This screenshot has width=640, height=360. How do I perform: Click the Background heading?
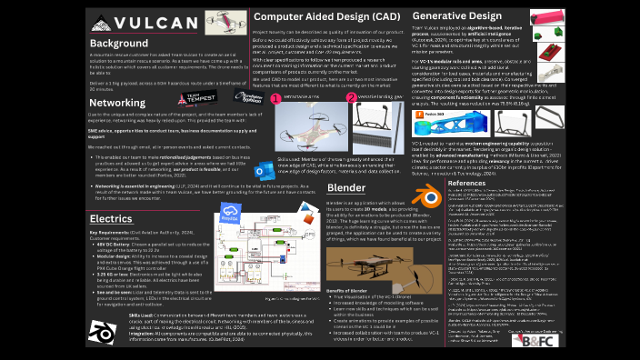(x=119, y=44)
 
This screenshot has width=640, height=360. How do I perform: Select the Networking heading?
(x=116, y=103)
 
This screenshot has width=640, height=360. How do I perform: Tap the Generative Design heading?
(x=457, y=15)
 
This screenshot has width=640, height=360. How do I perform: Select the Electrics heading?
(x=111, y=218)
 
